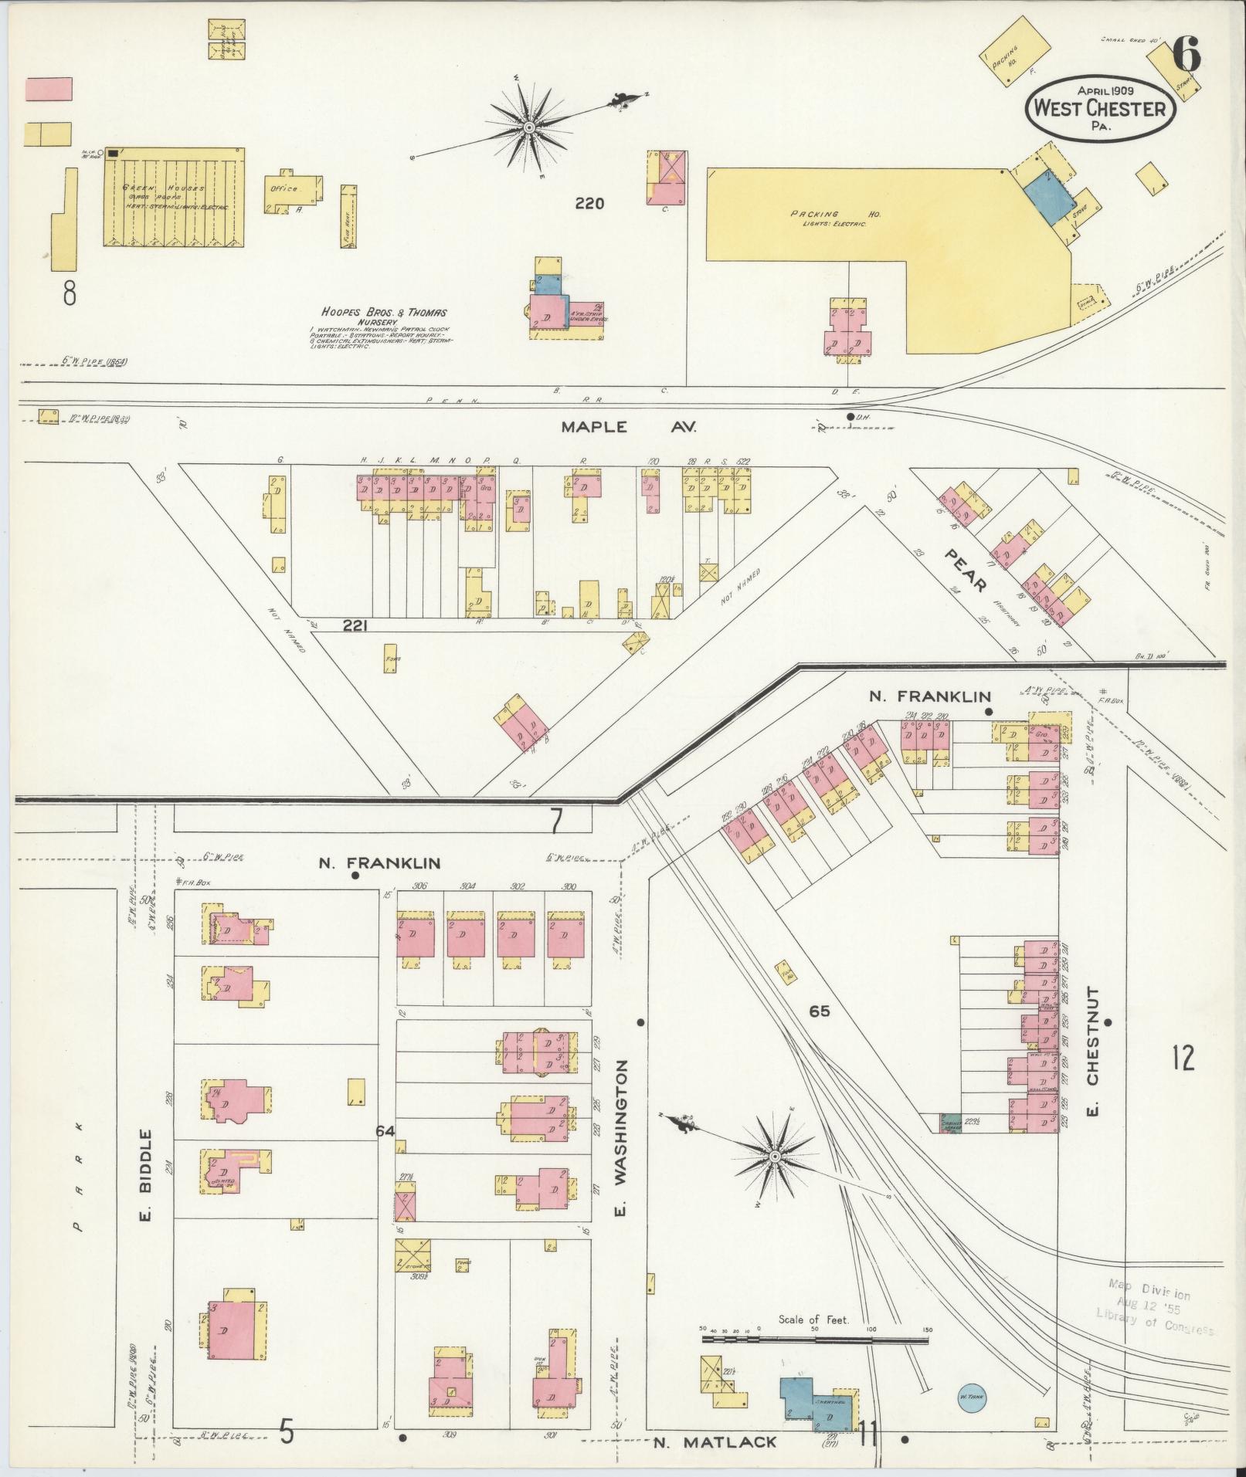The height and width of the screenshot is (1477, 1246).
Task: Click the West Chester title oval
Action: (x=1102, y=109)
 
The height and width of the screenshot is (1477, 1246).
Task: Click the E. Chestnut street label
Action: (x=1092, y=1051)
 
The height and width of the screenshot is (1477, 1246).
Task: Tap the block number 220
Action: (x=589, y=204)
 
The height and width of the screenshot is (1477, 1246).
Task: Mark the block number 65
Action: (x=819, y=1010)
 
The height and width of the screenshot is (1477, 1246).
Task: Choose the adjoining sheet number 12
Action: (x=1182, y=1057)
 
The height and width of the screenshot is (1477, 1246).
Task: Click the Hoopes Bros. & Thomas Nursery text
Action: (x=384, y=317)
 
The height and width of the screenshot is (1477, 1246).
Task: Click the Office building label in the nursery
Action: (x=283, y=188)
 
